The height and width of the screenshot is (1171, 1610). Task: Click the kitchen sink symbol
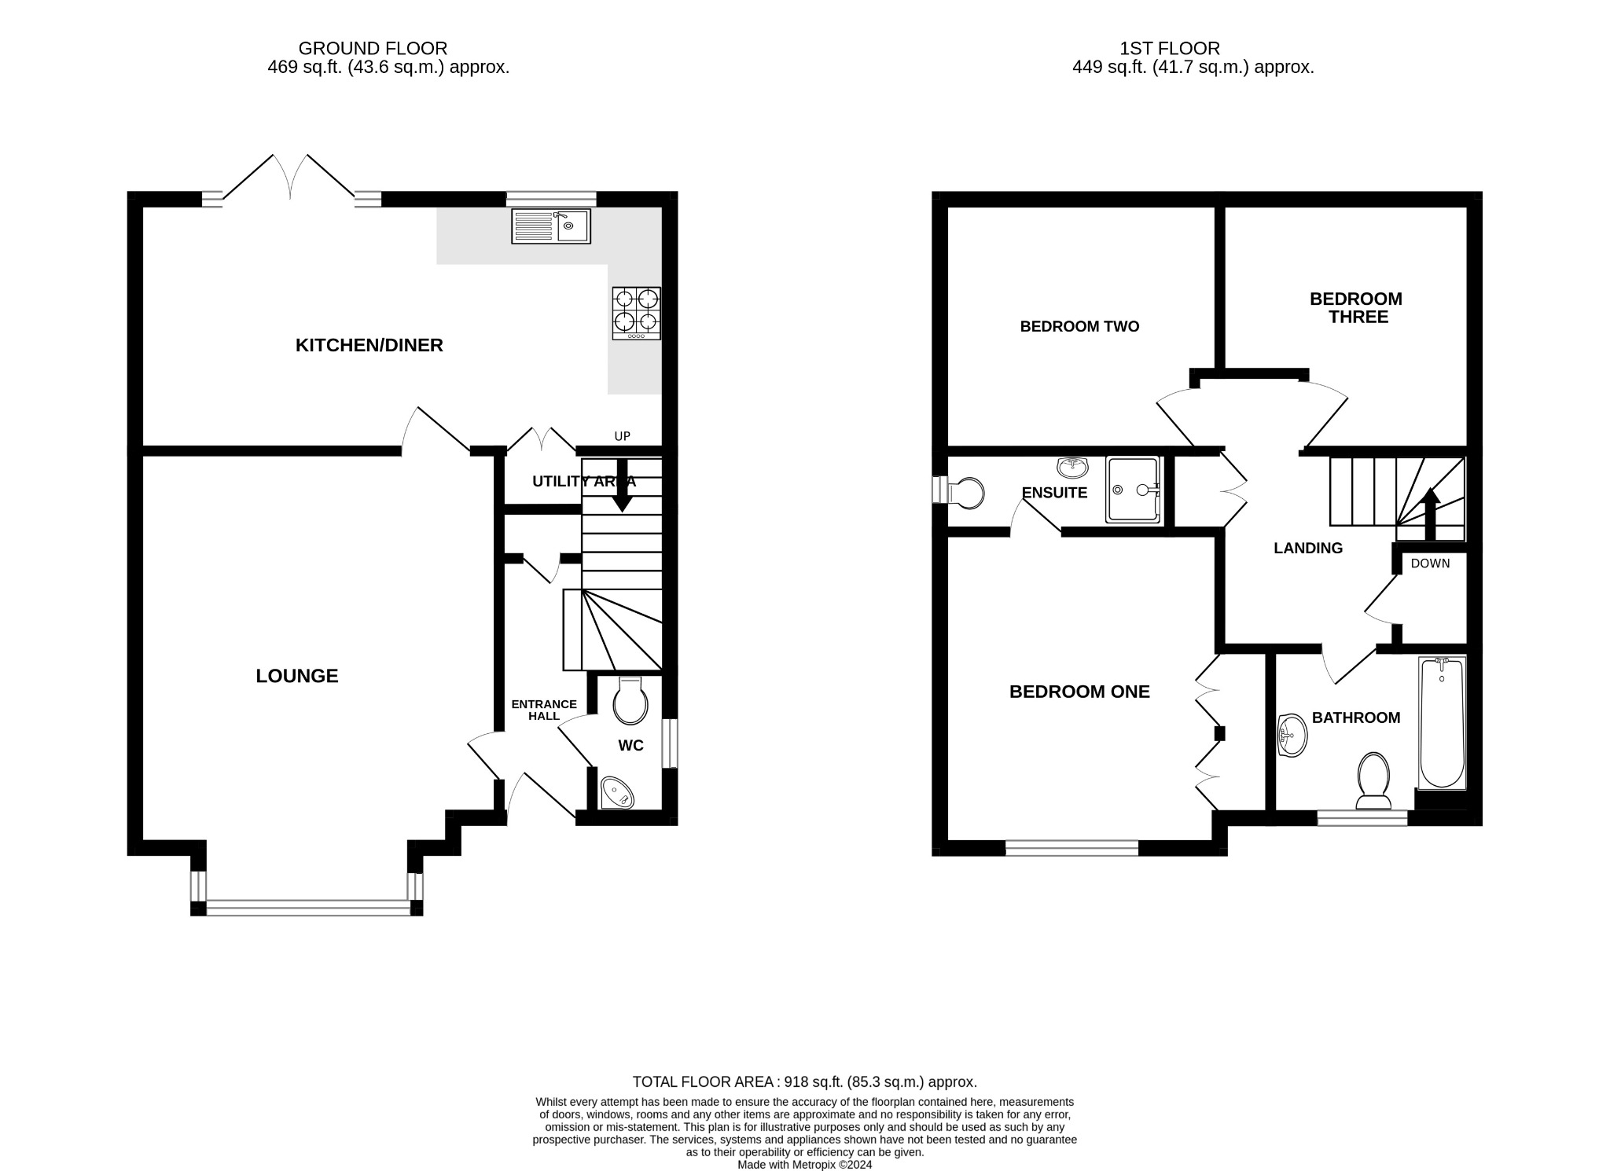550,226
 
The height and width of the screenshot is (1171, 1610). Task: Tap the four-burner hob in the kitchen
636,313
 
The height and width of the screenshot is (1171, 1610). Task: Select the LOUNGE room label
296,676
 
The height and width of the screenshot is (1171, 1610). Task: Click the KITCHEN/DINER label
369,345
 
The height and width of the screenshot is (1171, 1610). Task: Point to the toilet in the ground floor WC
630,701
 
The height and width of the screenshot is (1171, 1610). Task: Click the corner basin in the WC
616,794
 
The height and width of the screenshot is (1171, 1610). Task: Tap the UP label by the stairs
622,436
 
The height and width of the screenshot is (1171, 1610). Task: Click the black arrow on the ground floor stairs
624,491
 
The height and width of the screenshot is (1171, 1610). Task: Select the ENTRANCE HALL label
544,710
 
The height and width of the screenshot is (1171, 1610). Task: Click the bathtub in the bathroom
1442,723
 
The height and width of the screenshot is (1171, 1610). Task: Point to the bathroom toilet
1373,780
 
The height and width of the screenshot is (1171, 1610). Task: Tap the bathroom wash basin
1292,736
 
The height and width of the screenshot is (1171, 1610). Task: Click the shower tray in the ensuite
1132,489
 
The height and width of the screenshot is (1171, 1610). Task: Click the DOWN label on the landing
1430,563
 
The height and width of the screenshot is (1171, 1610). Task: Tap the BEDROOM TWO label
1079,326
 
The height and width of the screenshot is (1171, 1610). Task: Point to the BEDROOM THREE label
1356,308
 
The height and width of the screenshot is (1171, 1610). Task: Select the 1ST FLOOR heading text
1170,49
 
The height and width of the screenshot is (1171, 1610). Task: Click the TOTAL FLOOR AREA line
804,1082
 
